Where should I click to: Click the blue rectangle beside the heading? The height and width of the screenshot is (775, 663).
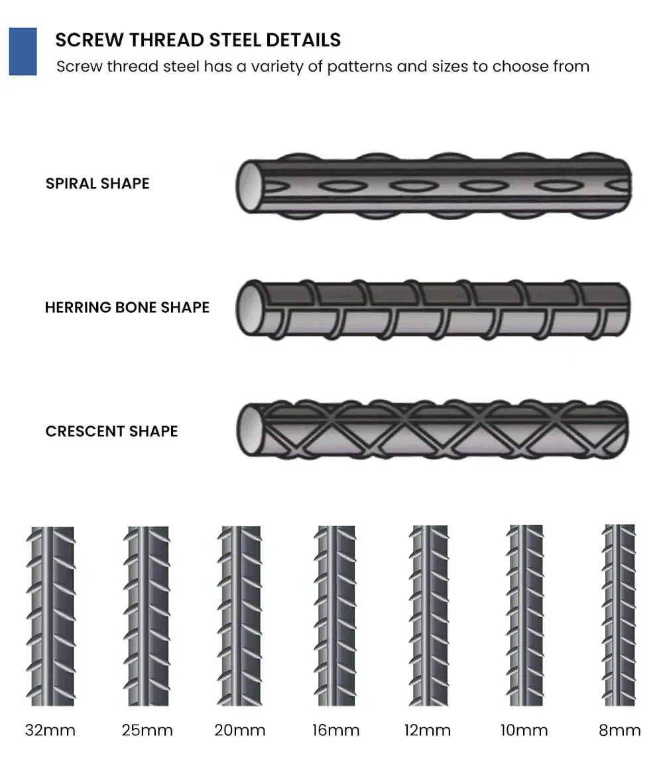(x=23, y=51)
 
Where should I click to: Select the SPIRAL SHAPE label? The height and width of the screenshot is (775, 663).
(x=97, y=184)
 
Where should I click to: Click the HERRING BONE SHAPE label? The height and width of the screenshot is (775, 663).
(x=127, y=308)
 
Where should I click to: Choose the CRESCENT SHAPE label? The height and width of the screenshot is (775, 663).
(x=111, y=432)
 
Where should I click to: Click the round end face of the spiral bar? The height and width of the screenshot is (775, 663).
(x=251, y=186)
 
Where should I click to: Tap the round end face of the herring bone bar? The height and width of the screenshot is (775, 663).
(x=251, y=309)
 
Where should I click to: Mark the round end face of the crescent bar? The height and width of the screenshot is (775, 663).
(x=251, y=431)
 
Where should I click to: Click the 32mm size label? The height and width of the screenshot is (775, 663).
(x=50, y=731)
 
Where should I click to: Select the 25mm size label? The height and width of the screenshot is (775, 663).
(x=147, y=731)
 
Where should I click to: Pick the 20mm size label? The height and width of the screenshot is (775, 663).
(x=240, y=731)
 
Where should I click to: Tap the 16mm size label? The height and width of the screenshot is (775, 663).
(x=336, y=731)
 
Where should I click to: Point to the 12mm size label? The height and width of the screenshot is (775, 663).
(x=428, y=731)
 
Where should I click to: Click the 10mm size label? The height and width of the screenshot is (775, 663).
(x=524, y=731)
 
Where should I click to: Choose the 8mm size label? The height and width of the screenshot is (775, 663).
(x=619, y=731)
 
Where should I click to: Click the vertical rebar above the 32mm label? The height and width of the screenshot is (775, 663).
(x=51, y=617)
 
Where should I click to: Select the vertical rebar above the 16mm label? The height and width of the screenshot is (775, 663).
(x=335, y=617)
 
